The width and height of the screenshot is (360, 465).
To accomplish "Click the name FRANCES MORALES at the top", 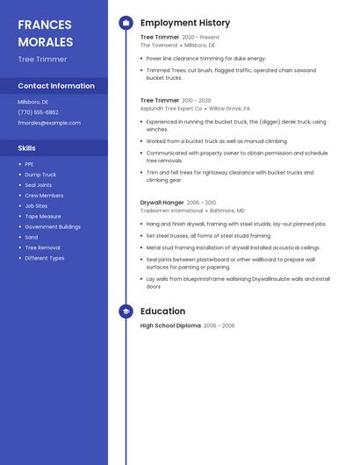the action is click(46, 32).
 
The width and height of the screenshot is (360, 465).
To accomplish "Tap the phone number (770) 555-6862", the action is click(38, 112).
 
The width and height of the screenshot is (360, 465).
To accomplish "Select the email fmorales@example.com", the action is click(48, 123).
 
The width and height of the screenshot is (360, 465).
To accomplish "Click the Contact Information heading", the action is click(56, 86).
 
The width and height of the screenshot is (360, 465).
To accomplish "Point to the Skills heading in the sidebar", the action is click(26, 148).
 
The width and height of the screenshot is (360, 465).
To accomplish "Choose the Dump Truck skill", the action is click(40, 175).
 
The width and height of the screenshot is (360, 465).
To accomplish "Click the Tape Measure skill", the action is click(43, 216).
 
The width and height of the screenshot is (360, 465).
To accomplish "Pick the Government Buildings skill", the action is click(53, 226).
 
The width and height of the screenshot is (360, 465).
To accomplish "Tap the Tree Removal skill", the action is click(42, 247).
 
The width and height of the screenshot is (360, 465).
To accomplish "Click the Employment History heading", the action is click(185, 23).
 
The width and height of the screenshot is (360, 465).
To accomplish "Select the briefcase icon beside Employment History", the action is click(126, 23).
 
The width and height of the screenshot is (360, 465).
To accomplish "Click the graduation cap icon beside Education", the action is click(126, 311).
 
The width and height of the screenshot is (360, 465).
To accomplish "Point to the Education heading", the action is click(162, 311).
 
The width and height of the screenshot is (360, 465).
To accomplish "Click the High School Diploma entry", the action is click(170, 325).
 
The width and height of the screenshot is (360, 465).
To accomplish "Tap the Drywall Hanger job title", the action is click(162, 203).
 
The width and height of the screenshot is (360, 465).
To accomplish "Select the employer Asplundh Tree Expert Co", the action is click(170, 109).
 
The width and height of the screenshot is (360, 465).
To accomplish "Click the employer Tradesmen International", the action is click(171, 211).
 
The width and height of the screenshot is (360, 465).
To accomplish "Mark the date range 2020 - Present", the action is click(200, 38).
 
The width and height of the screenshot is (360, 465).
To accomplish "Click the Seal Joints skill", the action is click(39, 185).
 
